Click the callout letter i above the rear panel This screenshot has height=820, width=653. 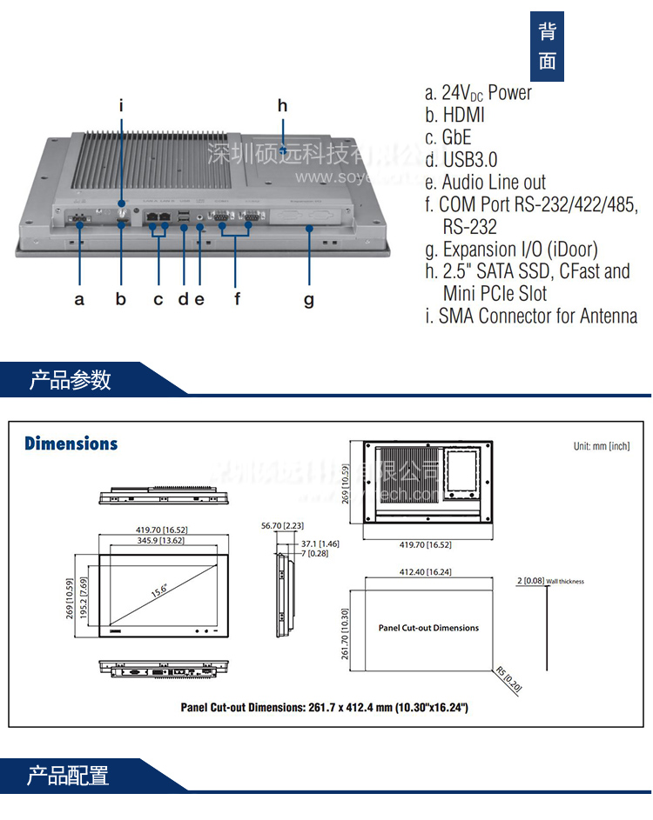click(x=122, y=106)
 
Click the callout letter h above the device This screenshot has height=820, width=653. click(x=282, y=106)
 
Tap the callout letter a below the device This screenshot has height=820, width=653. click(x=79, y=299)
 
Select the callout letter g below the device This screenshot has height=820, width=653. click(x=309, y=299)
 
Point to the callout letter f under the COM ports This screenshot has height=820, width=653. click(x=237, y=299)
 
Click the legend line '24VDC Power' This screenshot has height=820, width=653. click(x=478, y=92)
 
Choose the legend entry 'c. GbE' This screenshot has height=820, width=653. click(x=448, y=137)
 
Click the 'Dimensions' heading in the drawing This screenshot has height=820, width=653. click(x=71, y=443)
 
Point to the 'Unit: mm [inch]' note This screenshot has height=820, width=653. click(x=601, y=446)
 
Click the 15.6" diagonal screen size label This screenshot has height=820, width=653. click(x=159, y=590)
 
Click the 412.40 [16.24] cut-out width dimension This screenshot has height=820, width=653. click(x=425, y=572)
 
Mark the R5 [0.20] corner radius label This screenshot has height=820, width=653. click(x=510, y=679)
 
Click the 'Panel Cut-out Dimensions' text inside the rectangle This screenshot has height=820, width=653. click(x=428, y=627)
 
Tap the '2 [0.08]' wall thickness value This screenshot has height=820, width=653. click(x=529, y=580)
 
